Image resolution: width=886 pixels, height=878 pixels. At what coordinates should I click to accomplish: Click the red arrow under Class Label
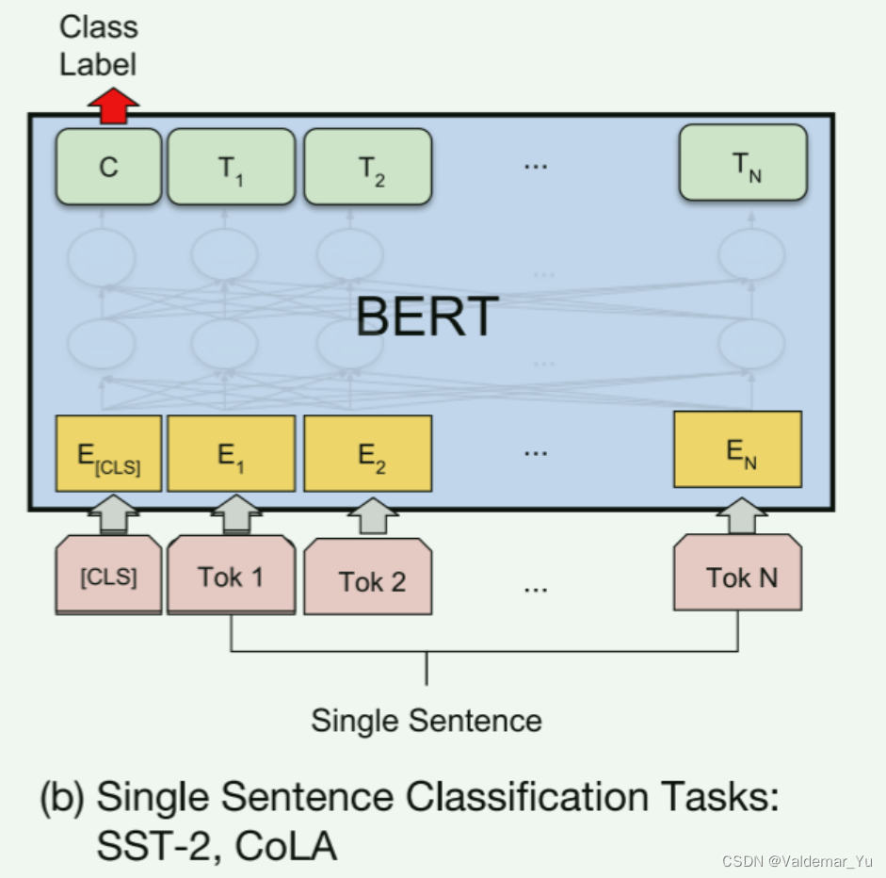[x=113, y=105]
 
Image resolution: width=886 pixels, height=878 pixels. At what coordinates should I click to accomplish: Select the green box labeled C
[x=108, y=167]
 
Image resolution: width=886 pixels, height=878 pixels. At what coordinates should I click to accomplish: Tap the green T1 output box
[x=231, y=167]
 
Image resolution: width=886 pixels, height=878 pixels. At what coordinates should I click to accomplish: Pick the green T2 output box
[x=367, y=167]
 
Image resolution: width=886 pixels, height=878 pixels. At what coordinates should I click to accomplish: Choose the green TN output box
[x=743, y=162]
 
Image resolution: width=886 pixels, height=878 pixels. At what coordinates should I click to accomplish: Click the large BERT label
[x=427, y=317]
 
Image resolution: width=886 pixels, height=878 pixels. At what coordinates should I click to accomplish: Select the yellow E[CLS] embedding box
[x=108, y=454]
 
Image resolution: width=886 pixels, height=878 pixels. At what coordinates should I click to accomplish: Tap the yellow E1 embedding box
[x=231, y=454]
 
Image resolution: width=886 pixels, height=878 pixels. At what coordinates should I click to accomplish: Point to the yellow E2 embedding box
[x=367, y=454]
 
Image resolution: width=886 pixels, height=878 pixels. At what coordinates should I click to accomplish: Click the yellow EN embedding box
[x=737, y=449]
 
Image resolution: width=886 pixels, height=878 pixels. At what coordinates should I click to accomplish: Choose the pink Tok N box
[x=737, y=575]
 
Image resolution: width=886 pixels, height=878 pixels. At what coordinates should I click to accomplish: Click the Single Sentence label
[x=427, y=722]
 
